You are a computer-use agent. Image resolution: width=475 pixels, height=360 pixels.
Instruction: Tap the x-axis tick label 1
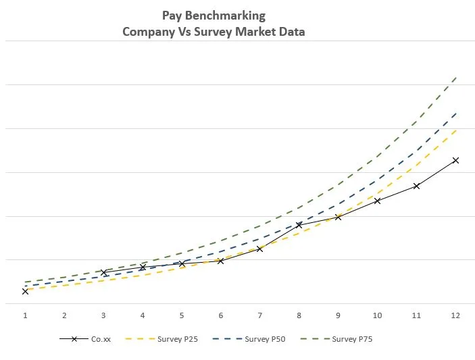pyautogui.click(x=25, y=315)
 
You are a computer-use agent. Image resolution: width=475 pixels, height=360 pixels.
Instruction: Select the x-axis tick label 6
pyautogui.click(x=221, y=315)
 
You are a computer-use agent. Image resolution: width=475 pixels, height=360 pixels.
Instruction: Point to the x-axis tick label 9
pyautogui.click(x=338, y=315)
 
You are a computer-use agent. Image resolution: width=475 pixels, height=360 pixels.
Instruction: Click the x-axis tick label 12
pyautogui.click(x=455, y=315)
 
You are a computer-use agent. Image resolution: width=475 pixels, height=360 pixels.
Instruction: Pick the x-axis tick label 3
pyautogui.click(x=103, y=315)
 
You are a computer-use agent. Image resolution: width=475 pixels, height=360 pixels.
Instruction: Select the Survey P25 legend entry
pyautogui.click(x=178, y=339)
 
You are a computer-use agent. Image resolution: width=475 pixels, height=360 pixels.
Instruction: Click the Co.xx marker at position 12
pyautogui.click(x=455, y=160)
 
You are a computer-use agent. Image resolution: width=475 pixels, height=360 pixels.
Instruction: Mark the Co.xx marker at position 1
pyautogui.click(x=25, y=291)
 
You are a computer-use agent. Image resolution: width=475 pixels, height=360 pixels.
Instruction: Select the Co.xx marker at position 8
pyautogui.click(x=299, y=225)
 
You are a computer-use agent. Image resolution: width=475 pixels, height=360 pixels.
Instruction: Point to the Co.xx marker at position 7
pyautogui.click(x=259, y=249)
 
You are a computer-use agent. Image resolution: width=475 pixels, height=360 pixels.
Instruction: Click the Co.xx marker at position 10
pyautogui.click(x=377, y=201)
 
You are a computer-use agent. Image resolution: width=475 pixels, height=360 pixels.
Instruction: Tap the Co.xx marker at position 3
pyautogui.click(x=103, y=272)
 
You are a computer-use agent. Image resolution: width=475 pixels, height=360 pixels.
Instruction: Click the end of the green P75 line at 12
pyautogui.click(x=457, y=78)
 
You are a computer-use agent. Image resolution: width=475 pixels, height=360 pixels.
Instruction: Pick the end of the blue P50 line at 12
pyautogui.click(x=457, y=112)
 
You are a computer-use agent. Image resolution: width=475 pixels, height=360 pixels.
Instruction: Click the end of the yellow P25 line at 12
pyautogui.click(x=457, y=129)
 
